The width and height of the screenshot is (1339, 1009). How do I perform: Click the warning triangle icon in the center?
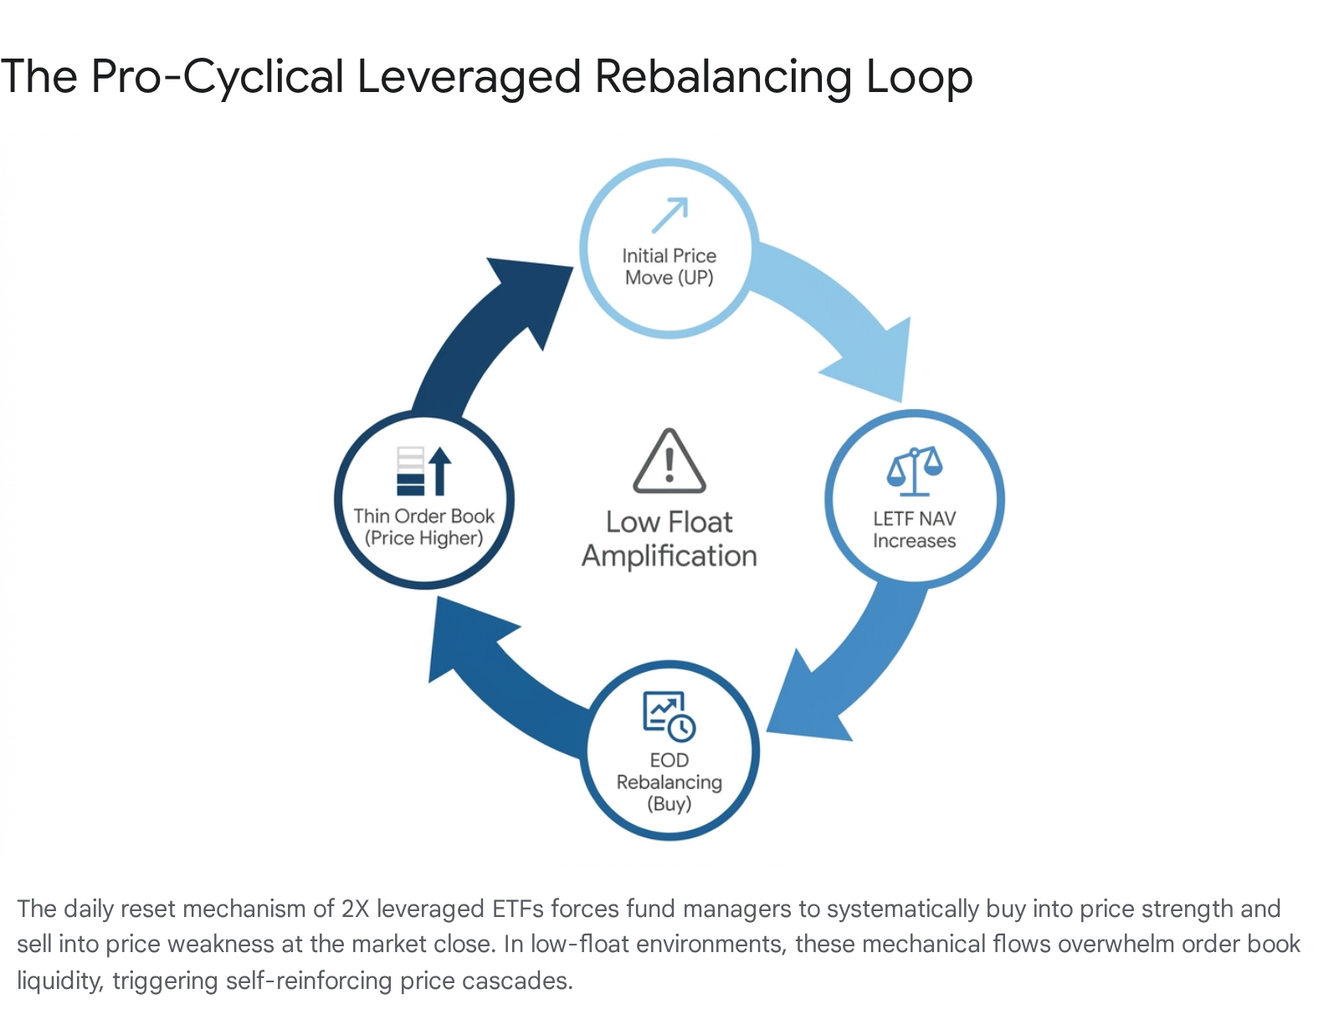(x=669, y=461)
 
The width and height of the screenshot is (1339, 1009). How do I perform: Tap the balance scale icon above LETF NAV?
(x=915, y=471)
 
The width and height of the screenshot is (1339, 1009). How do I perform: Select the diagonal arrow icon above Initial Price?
(x=669, y=215)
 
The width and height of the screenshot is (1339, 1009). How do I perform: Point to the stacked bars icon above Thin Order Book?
(x=424, y=471)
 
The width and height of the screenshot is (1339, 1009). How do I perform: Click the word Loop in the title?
(x=919, y=77)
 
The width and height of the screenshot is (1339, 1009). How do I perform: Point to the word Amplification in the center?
(x=669, y=556)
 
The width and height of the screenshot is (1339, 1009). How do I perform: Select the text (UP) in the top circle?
(x=695, y=278)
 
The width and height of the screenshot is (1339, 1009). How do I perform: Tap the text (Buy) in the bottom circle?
(x=669, y=803)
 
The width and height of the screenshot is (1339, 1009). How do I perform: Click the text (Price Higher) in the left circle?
(x=424, y=538)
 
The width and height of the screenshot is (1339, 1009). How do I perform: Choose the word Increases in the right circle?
(x=915, y=540)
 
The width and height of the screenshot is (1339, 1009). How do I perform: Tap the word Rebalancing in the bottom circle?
(x=669, y=782)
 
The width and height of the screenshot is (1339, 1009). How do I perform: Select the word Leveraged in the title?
(x=469, y=78)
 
